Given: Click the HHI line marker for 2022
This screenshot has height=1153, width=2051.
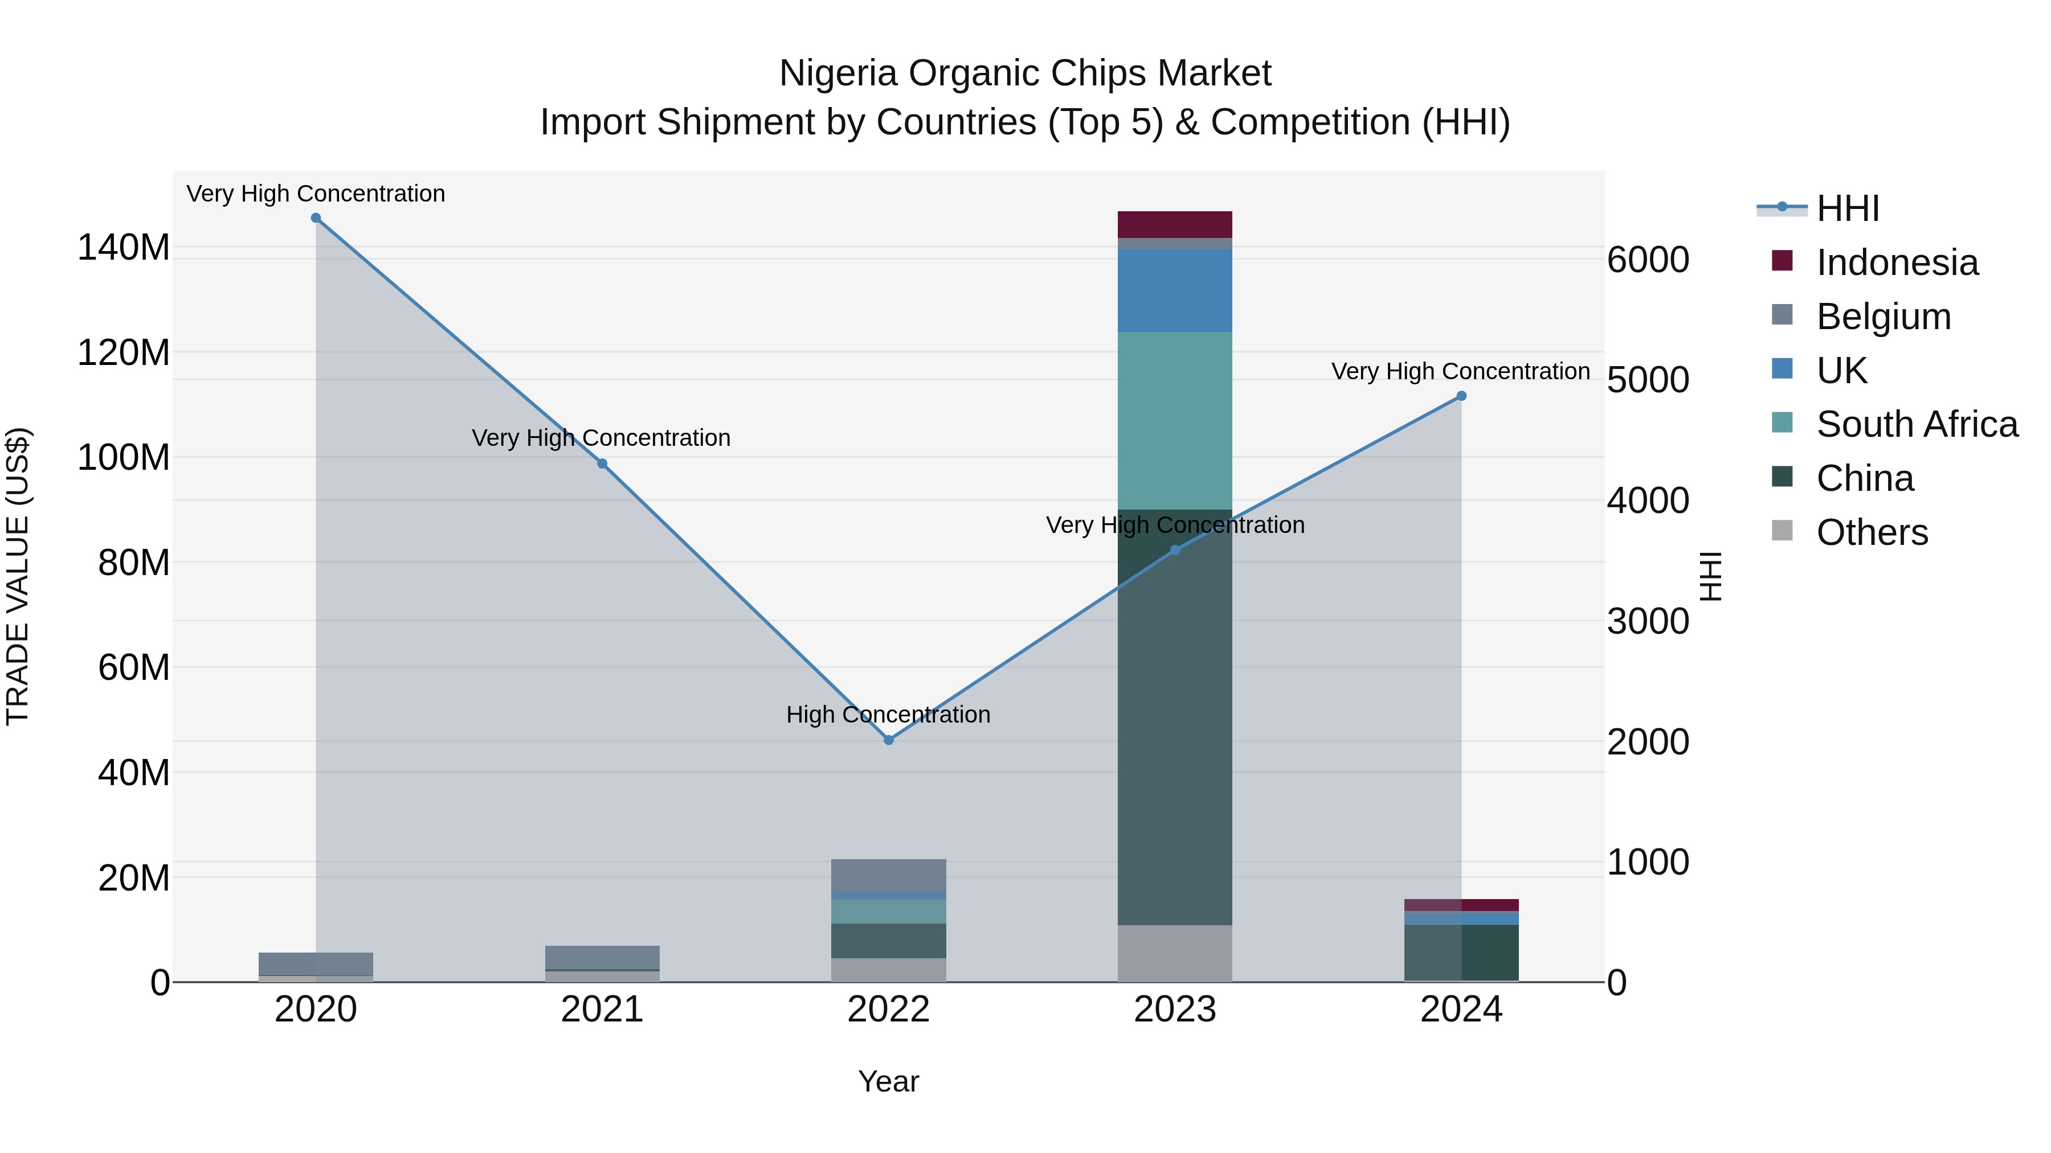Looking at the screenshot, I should tap(889, 740).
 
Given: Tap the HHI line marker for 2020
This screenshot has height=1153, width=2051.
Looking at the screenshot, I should tap(316, 218).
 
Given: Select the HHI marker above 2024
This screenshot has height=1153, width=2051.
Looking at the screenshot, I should tap(1461, 396).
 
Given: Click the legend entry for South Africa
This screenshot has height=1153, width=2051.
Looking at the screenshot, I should tap(1917, 424).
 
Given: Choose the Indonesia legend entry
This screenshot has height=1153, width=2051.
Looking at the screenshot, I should tap(1897, 262).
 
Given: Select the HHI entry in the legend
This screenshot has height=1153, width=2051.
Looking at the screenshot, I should tap(1847, 208).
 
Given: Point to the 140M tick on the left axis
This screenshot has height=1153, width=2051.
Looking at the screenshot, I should tap(124, 248).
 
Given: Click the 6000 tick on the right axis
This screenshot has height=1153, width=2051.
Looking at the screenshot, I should tap(1647, 260).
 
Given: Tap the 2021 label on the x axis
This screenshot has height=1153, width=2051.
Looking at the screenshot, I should tap(602, 1010).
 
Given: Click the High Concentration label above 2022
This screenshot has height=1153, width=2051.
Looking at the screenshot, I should tap(889, 715).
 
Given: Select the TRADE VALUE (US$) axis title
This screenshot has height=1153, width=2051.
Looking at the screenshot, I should tap(18, 576).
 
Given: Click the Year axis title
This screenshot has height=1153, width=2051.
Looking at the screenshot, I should tap(889, 1081).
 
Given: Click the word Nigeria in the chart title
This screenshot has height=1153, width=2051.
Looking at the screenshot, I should tap(839, 73).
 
